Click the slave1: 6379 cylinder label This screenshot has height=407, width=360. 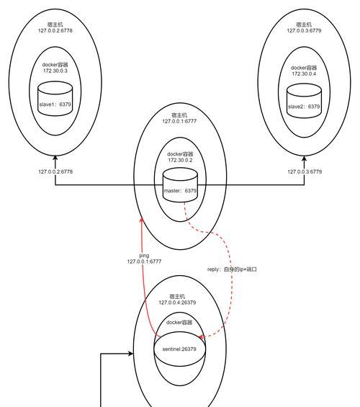pos(55,104)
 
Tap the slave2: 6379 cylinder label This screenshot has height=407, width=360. pos(304,107)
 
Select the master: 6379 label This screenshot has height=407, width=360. pos(180,190)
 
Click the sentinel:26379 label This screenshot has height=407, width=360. pos(179,349)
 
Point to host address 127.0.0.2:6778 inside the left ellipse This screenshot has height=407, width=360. pos(55,31)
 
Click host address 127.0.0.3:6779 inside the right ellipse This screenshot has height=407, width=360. pos(304,31)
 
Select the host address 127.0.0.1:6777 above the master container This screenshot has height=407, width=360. pos(179,121)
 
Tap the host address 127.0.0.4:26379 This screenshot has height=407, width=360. pos(177,303)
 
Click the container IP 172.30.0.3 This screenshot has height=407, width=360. pos(55,71)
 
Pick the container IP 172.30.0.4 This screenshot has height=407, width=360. pos(304,73)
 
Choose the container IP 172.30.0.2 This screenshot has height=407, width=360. pos(180,160)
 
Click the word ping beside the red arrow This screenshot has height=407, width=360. pos(144,256)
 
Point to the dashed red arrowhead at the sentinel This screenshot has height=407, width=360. pos(201,337)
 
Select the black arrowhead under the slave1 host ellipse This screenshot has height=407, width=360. pos(55,158)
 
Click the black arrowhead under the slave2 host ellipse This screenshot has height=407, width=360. pos(305,158)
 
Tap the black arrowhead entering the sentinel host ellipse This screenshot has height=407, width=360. pos(130,354)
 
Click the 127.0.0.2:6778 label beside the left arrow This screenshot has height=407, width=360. pos(55,171)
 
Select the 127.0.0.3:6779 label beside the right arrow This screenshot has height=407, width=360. pos(305,171)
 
